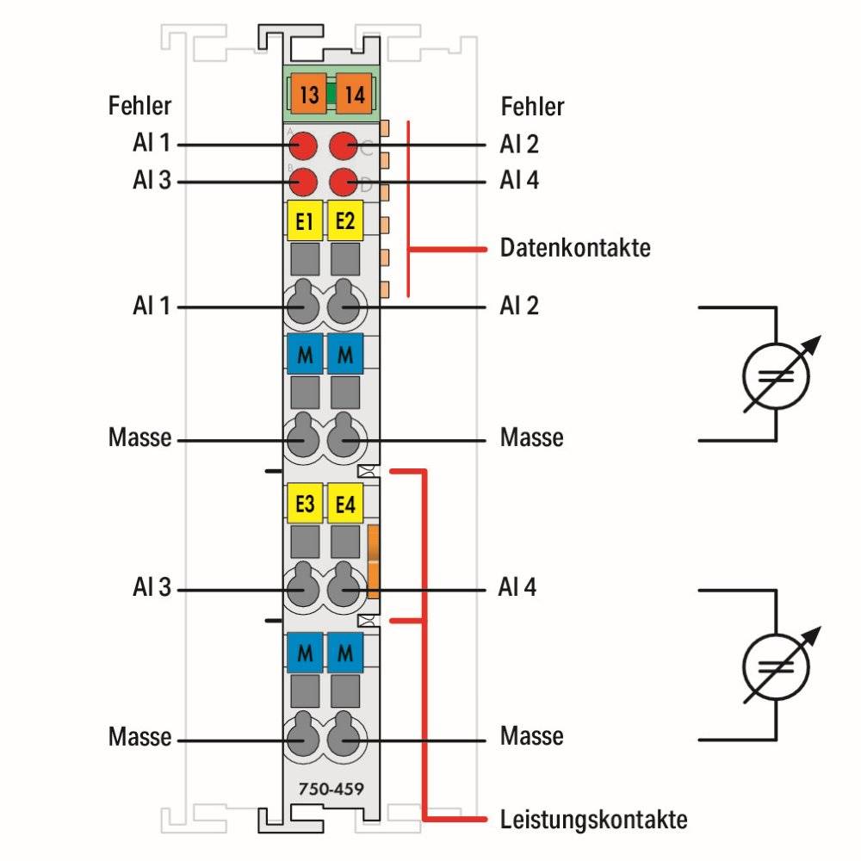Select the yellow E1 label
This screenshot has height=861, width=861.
pos(305,220)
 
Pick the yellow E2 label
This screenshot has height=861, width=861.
pos(345,220)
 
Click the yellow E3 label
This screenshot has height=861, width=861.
pos(305,503)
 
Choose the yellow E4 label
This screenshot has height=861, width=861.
pos(345,503)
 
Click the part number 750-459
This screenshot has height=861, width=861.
pos(331,789)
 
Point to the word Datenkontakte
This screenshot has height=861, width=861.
pos(575,248)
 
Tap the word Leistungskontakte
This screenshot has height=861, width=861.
pos(593,820)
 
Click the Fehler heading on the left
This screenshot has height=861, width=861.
pos(139,105)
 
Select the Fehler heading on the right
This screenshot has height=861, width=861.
pos(532,106)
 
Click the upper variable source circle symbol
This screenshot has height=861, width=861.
pos(776,376)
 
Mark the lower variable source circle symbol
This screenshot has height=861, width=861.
pos(776,667)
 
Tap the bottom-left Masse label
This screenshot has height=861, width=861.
pos(139,736)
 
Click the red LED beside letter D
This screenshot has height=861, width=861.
pos(344,183)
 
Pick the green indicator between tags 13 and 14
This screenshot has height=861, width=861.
pos(331,95)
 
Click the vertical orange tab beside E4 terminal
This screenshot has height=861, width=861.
pos(374,561)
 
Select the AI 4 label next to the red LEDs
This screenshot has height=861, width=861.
pos(519,180)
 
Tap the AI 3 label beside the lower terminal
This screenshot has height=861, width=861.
pos(152,587)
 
